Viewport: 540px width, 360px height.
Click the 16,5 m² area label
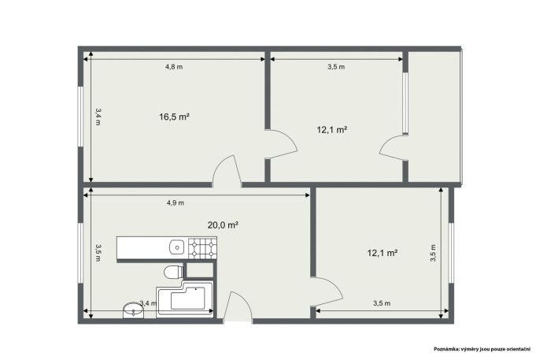tap(174, 117)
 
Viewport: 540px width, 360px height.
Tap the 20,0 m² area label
tap(224, 225)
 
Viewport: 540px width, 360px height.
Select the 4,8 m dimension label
tap(174, 67)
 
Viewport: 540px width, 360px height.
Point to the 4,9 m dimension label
tap(176, 203)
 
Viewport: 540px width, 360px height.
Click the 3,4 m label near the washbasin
tap(149, 303)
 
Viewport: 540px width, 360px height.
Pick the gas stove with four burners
tap(202, 247)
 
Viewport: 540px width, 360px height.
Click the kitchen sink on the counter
tap(177, 247)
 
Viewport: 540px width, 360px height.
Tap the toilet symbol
tap(173, 272)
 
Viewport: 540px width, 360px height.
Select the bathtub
tap(185, 298)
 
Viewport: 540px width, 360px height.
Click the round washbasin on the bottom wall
tap(133, 310)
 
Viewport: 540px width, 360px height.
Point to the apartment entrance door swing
tap(238, 306)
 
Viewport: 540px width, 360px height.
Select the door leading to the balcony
tap(393, 148)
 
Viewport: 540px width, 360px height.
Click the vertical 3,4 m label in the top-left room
tap(98, 117)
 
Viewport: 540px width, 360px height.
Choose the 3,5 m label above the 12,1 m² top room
tap(336, 67)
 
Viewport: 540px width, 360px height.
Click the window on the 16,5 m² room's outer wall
tap(80, 117)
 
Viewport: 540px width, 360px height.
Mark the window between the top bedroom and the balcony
tap(405, 103)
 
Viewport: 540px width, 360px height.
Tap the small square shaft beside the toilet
tap(200, 270)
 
